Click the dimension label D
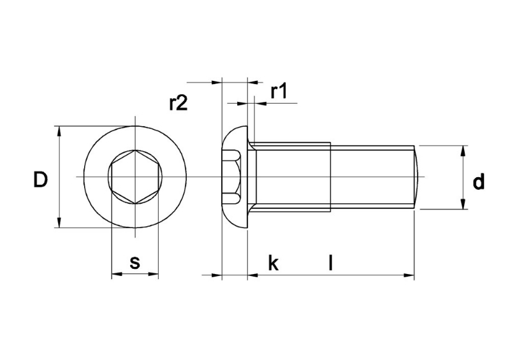(40, 180)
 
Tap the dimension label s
(135, 262)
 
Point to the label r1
(279, 92)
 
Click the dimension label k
(273, 263)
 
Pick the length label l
(330, 262)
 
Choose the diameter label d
(478, 182)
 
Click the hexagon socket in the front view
(135, 176)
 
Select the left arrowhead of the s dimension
(116, 275)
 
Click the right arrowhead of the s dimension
(154, 275)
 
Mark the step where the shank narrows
(330, 176)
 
